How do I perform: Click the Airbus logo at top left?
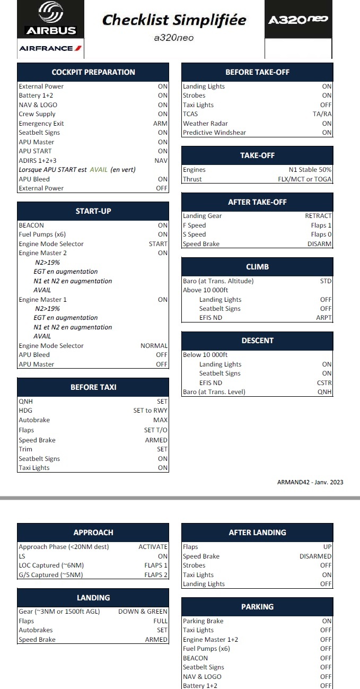(x=51, y=19)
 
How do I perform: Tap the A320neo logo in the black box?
(x=298, y=20)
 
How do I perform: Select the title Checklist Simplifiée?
(x=174, y=20)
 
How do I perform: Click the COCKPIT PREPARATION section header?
(x=93, y=72)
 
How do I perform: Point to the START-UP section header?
(x=93, y=211)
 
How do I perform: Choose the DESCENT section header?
(x=257, y=341)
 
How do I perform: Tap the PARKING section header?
(x=257, y=607)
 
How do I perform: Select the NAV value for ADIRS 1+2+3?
(x=161, y=160)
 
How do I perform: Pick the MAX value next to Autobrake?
(x=160, y=420)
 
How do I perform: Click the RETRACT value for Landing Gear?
(x=318, y=216)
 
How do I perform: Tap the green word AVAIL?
(x=98, y=170)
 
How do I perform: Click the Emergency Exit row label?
(x=41, y=124)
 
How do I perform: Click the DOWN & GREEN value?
(x=143, y=612)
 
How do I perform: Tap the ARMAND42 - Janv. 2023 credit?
(x=310, y=482)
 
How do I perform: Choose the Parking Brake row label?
(x=203, y=621)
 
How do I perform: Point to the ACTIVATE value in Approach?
(x=153, y=547)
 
